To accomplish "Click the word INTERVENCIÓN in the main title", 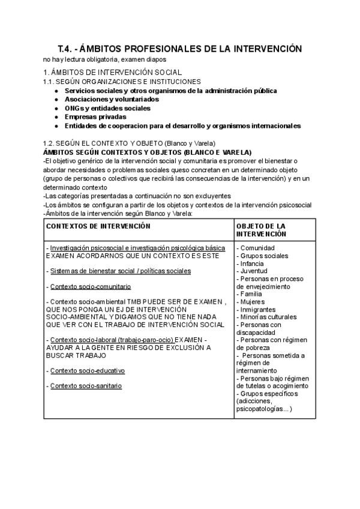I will pos(263,49).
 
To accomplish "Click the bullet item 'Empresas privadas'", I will pos(95,117).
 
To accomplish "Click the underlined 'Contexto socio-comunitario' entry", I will pos(91,286).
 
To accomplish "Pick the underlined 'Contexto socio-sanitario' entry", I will pos(86,386).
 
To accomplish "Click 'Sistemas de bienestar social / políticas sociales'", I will pos(121,271).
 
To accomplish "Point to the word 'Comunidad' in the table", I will pos(258,248).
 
